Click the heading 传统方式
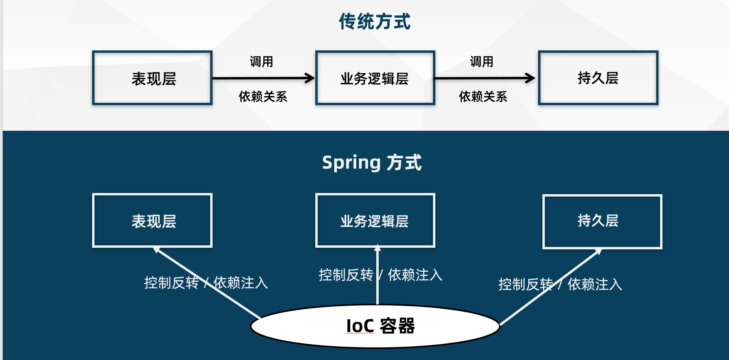point(374,22)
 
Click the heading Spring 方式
point(372,163)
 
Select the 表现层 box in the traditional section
point(152,78)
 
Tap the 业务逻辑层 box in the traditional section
point(375,78)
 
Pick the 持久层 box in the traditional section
point(598,78)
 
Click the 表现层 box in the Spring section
point(152,221)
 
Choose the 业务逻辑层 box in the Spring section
point(375,221)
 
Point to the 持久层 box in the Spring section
point(602,221)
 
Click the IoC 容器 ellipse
point(375,326)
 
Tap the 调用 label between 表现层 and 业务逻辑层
point(261,62)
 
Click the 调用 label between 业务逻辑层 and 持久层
point(481,62)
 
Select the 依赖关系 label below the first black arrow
point(263,96)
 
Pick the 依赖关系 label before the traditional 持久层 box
point(483,96)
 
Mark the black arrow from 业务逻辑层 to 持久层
point(484,78)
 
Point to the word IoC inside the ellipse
point(360,326)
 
